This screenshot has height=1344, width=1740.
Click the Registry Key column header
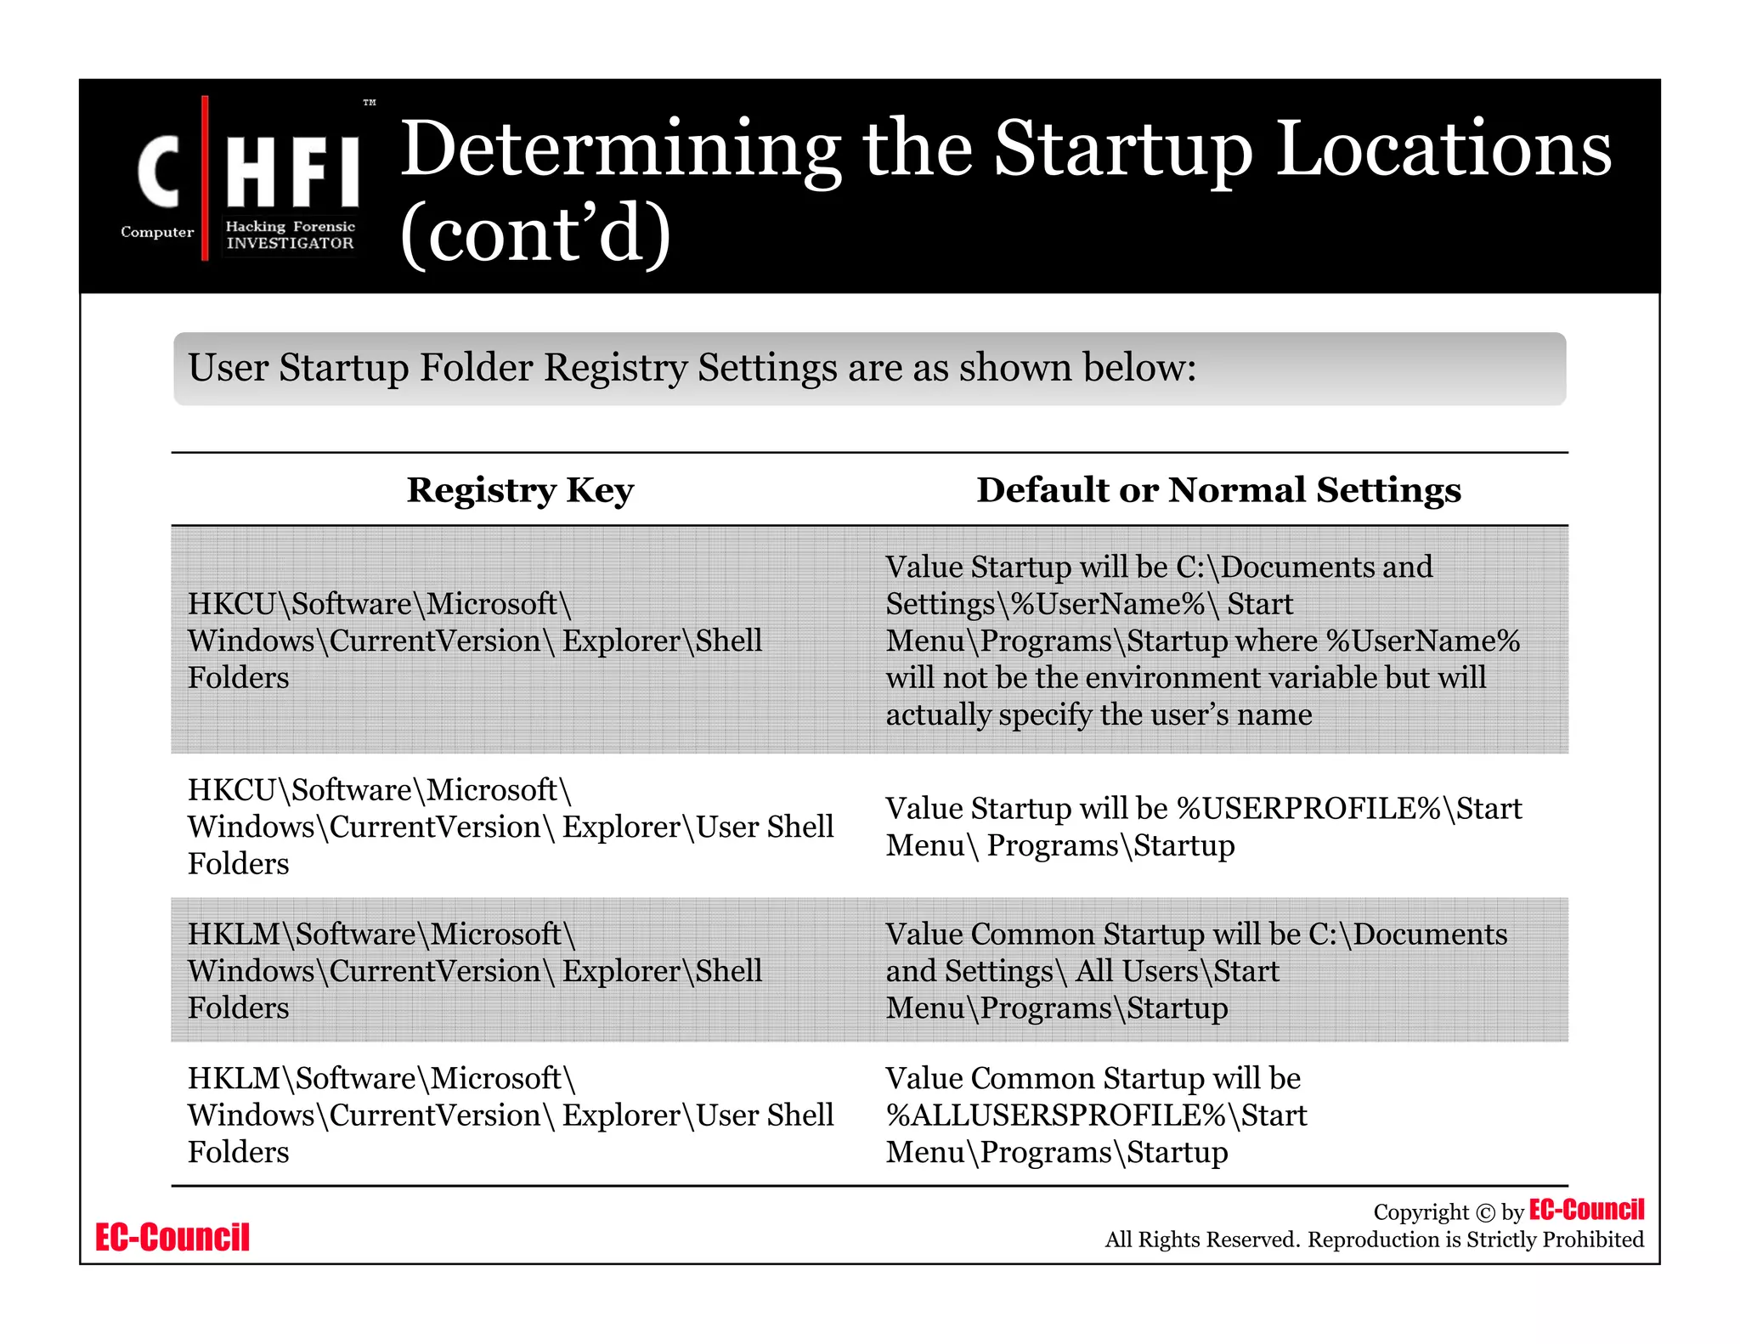520,490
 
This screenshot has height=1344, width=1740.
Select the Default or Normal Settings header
1218,490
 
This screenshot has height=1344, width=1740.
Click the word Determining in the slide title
620,151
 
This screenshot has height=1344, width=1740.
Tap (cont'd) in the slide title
535,234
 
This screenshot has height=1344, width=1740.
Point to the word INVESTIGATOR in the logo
290,243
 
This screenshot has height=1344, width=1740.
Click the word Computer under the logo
157,232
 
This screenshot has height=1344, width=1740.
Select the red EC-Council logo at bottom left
172,1237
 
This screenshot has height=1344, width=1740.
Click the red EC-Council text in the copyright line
1585,1210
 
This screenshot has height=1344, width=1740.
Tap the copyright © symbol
1484,1213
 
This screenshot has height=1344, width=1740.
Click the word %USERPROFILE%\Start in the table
1349,808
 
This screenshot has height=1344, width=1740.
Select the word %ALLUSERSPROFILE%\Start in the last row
1096,1115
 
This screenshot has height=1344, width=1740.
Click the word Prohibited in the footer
1593,1240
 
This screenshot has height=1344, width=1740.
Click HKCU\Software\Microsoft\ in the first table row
380,604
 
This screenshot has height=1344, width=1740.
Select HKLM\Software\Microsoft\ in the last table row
381,1078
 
